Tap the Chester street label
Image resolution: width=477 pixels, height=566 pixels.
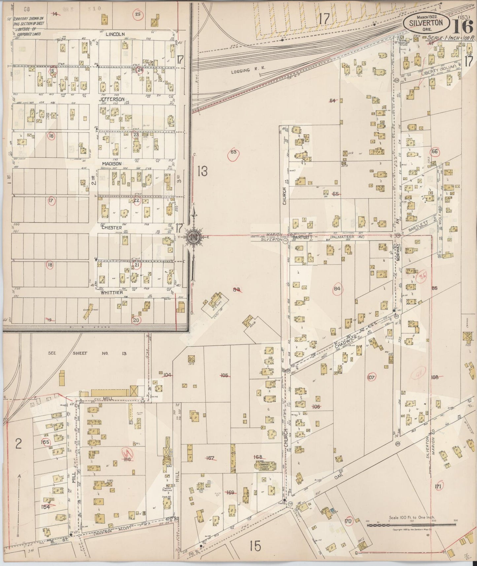(112, 228)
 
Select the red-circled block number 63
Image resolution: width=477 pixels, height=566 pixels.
(233, 152)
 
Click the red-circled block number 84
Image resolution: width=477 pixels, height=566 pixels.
(337, 289)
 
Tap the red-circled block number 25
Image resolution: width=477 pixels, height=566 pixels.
(138, 14)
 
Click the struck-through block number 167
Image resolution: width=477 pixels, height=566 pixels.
(210, 458)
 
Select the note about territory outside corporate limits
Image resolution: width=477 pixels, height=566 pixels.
(28, 21)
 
